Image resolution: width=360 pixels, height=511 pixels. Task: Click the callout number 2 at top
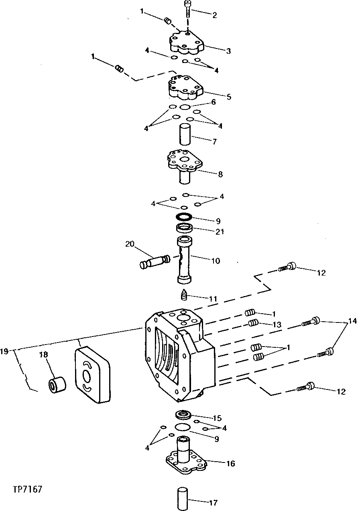pyautogui.click(x=215, y=15)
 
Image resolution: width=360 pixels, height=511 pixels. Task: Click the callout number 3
pyautogui.click(x=228, y=51)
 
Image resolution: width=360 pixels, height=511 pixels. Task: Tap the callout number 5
pyautogui.click(x=229, y=97)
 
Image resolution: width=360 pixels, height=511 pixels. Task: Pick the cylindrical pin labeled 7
pyautogui.click(x=185, y=135)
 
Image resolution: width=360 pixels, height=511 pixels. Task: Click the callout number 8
pyautogui.click(x=220, y=174)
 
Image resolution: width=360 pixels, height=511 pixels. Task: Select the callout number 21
pyautogui.click(x=220, y=231)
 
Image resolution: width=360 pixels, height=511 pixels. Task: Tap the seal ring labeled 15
pyautogui.click(x=184, y=415)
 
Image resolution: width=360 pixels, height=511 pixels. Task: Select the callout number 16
pyautogui.click(x=230, y=464)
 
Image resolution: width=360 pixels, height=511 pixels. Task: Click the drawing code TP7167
pyautogui.click(x=27, y=490)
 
